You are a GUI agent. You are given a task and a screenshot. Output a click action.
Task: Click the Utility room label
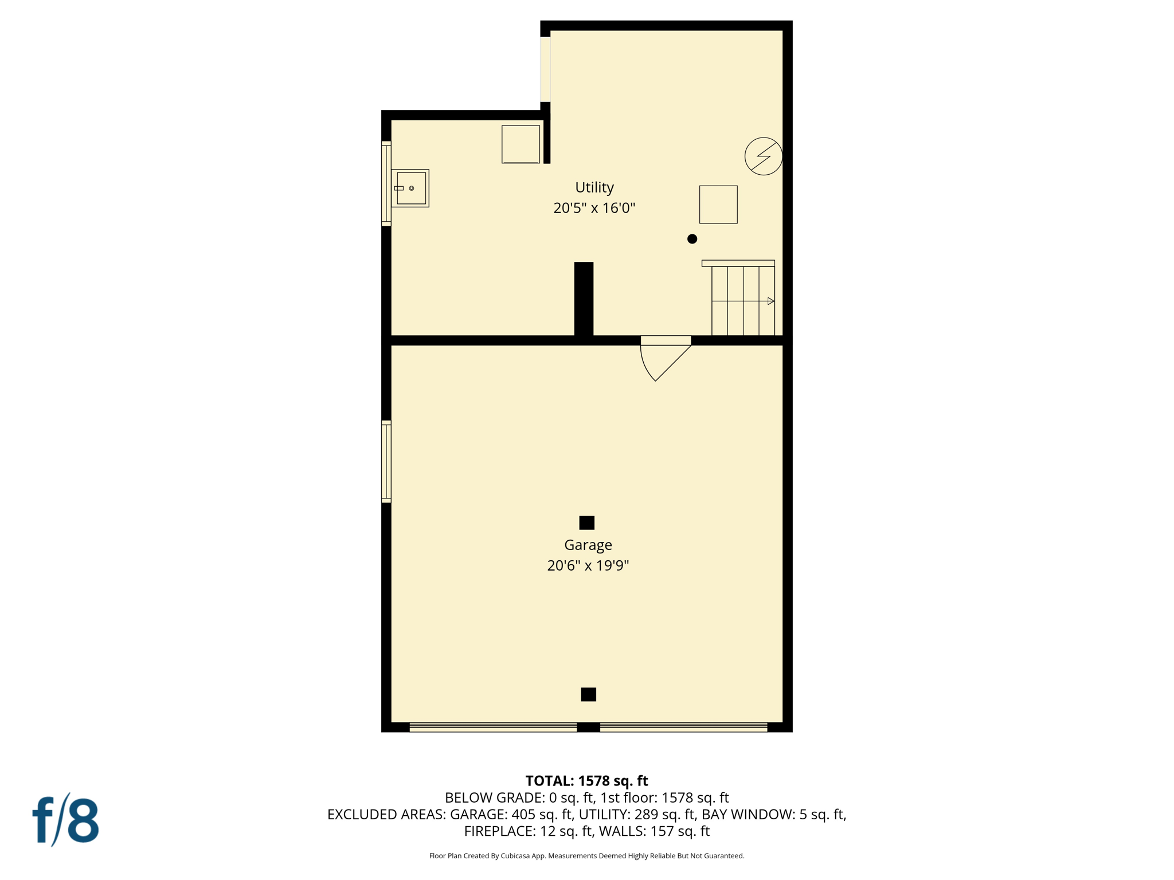coord(594,187)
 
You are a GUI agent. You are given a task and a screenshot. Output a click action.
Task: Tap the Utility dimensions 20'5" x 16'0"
coord(594,208)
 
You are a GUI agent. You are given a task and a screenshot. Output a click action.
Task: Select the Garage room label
coord(588,545)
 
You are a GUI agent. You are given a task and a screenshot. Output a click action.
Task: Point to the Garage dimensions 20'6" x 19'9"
coord(588,565)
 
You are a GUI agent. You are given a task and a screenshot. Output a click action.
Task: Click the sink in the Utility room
coord(410,188)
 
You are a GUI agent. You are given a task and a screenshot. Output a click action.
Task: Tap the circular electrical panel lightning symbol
coord(763,156)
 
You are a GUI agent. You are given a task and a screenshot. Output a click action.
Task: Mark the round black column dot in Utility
coord(692,239)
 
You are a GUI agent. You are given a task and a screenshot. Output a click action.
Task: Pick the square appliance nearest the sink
coord(521,144)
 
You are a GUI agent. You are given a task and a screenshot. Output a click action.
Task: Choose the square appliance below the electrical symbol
coord(718,205)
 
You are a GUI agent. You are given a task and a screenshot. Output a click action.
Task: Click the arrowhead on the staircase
coord(770,301)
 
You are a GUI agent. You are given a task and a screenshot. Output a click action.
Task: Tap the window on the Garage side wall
coord(386,462)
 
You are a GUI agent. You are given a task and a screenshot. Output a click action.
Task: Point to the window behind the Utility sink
coord(386,183)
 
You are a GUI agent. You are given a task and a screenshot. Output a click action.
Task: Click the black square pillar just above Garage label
coord(586,522)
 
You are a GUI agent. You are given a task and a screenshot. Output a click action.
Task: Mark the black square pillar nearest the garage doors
coord(588,694)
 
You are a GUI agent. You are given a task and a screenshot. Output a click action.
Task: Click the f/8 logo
coord(65,820)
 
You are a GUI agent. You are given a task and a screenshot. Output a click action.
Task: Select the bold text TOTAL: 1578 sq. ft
coord(586,781)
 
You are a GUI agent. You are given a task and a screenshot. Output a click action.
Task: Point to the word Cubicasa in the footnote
coord(515,856)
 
